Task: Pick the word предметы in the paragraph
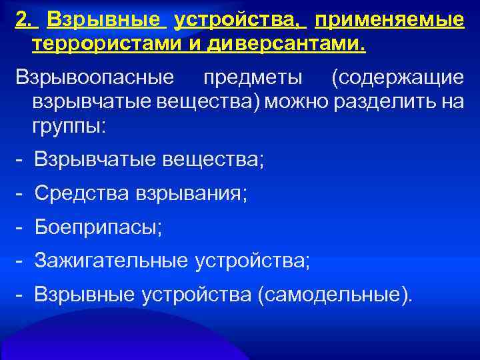coord(253,77)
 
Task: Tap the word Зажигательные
coord(111,260)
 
